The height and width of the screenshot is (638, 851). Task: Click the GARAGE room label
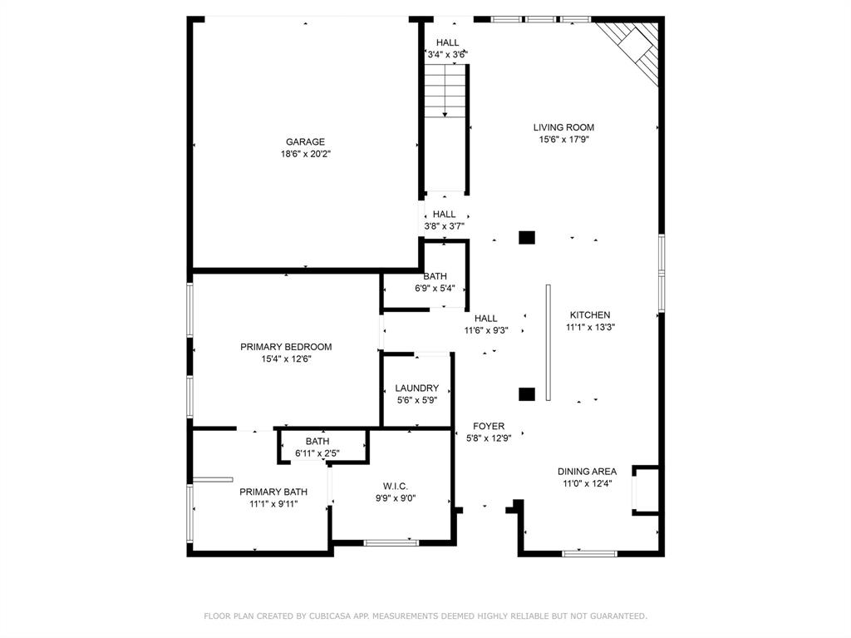[x=305, y=141]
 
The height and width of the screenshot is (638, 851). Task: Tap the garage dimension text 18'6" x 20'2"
[x=305, y=154]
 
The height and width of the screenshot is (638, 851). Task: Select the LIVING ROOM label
[x=563, y=127]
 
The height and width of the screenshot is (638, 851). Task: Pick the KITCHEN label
[x=589, y=314]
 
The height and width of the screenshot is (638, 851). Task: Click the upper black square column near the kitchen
[x=526, y=238]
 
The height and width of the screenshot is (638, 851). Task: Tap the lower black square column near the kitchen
[x=526, y=394]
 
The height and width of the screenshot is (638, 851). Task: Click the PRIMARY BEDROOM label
[x=286, y=347]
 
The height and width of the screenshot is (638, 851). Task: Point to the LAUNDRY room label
[x=416, y=388]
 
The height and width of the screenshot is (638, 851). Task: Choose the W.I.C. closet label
[x=395, y=486]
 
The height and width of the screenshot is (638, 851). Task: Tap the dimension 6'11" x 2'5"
[x=317, y=453]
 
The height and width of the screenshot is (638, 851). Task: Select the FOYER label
[x=488, y=426]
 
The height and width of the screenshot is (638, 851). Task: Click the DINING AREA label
[x=587, y=471]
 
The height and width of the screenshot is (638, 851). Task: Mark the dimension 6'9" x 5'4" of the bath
[x=435, y=289]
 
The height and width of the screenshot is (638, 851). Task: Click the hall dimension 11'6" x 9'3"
[x=485, y=330]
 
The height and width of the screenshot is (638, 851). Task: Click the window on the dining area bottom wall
[x=590, y=552]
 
